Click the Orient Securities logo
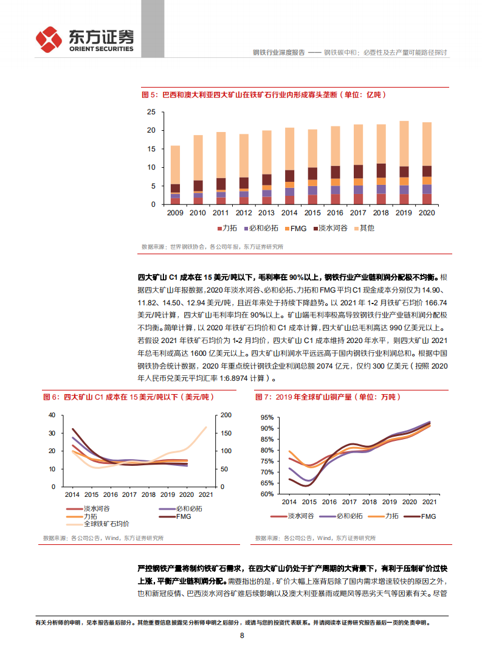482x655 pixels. [x=84, y=40]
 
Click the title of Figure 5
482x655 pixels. [x=263, y=95]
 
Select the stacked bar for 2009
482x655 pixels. [x=175, y=175]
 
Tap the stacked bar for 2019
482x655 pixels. [x=404, y=163]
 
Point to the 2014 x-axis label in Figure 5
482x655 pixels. [x=289, y=213]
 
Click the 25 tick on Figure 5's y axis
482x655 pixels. [x=151, y=112]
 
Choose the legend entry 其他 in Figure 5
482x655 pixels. [x=362, y=228]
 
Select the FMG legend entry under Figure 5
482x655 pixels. [x=294, y=228]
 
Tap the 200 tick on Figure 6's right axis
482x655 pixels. [x=226, y=415]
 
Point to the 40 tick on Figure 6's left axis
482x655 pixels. [x=52, y=415]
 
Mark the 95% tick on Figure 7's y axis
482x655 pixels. [x=266, y=418]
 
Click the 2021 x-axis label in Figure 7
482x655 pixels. [x=429, y=502]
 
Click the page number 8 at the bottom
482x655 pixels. [x=242, y=636]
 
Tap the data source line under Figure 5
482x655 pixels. [x=212, y=246]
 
